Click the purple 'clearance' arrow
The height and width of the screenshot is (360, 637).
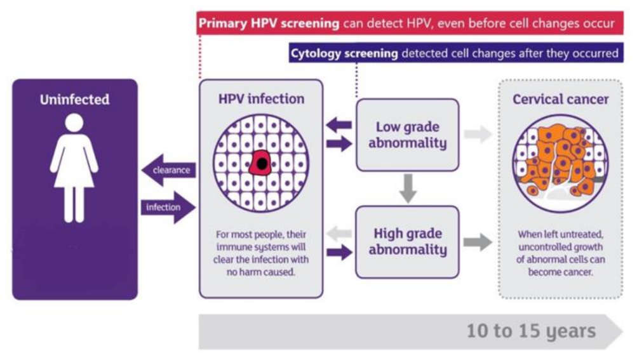[168, 170]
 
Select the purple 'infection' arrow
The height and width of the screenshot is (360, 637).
[168, 207]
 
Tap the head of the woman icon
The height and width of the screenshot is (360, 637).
[74, 123]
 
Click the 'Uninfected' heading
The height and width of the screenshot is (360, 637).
[75, 100]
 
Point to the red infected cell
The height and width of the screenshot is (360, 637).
[260, 163]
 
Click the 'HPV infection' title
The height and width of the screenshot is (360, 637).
[261, 99]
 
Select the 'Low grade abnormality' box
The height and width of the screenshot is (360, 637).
[408, 135]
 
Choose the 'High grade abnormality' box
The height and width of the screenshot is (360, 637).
[408, 242]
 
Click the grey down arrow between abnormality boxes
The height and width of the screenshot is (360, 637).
[408, 189]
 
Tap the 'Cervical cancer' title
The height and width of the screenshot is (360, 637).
[561, 99]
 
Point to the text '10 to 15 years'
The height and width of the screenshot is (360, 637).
[531, 331]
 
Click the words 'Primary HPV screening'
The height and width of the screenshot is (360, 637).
[269, 23]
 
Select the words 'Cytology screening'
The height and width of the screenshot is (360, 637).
[344, 53]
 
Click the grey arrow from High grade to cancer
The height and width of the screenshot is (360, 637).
[478, 242]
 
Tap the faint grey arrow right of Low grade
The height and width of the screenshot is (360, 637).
[478, 134]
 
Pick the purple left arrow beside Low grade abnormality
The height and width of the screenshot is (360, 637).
[339, 124]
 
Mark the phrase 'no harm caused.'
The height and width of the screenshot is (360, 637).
[261, 272]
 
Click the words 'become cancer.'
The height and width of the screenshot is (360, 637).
[560, 272]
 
